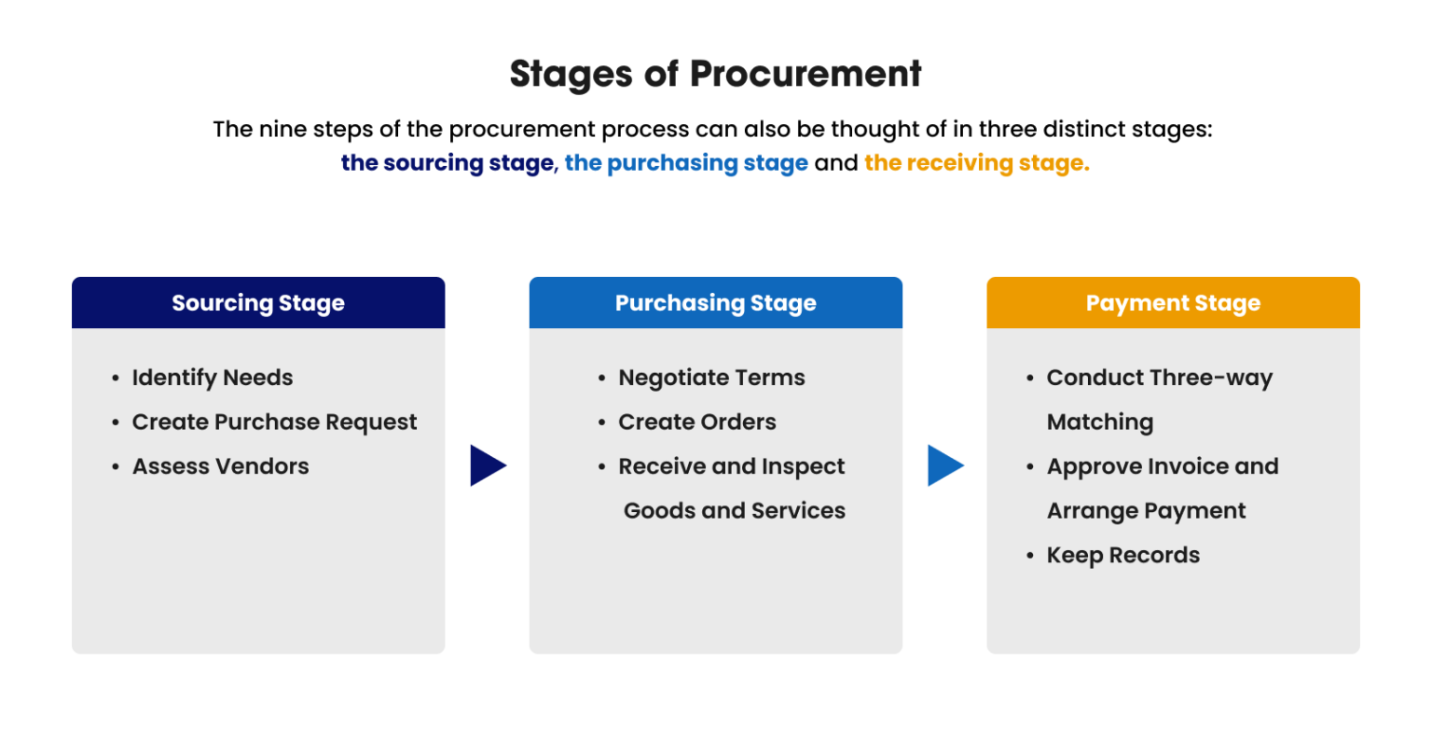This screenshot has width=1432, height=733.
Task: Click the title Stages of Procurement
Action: click(x=715, y=74)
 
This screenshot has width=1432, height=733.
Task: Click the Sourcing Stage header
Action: click(x=258, y=303)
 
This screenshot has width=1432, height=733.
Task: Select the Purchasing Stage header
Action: click(x=715, y=303)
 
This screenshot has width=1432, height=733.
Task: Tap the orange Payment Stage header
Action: click(x=1173, y=303)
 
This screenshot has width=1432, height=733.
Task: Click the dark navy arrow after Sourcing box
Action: click(x=488, y=465)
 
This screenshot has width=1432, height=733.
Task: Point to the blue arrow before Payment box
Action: click(x=944, y=465)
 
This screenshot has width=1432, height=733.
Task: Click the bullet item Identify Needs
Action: click(x=212, y=378)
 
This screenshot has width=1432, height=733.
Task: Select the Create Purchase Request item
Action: click(x=274, y=422)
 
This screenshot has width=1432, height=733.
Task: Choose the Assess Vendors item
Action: click(x=220, y=466)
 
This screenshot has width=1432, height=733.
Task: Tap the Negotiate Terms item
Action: click(x=711, y=378)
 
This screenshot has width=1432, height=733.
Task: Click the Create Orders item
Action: click(x=696, y=422)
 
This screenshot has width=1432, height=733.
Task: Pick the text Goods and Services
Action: click(x=734, y=511)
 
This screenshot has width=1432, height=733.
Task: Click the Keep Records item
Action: click(x=1122, y=556)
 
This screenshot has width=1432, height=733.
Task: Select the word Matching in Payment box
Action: click(x=1099, y=422)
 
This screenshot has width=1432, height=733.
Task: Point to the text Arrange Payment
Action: click(x=1146, y=511)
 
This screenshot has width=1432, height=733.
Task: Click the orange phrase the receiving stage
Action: click(x=976, y=163)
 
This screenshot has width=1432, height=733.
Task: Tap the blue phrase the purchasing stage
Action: click(x=686, y=163)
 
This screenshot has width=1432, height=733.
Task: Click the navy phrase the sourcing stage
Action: click(x=447, y=163)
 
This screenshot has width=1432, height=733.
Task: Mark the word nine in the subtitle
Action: click(x=283, y=129)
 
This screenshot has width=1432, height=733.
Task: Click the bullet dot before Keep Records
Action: click(x=1030, y=556)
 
